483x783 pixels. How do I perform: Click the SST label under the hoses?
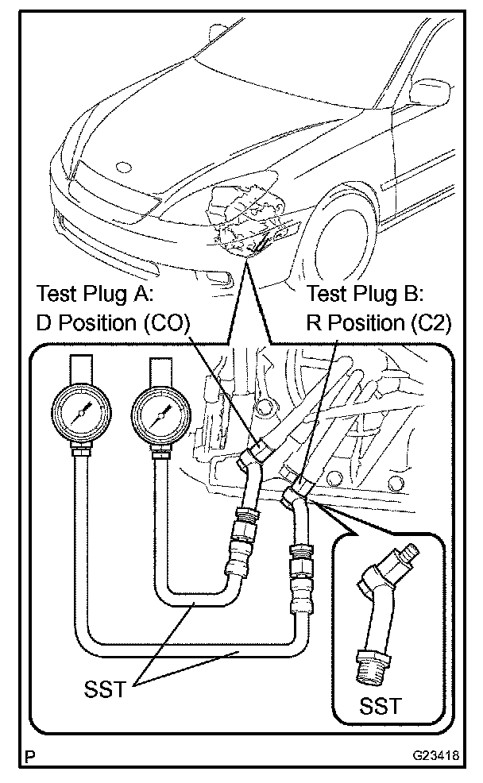[106, 688]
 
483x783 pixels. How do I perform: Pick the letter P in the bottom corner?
[29, 760]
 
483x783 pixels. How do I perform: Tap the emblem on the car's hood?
[122, 168]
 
